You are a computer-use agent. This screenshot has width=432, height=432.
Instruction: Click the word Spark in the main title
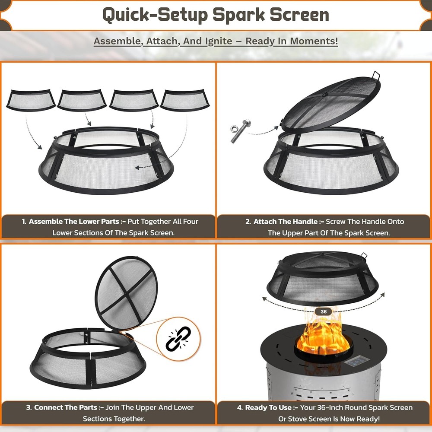click(x=239, y=15)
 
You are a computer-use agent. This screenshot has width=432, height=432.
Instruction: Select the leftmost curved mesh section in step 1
click(x=31, y=100)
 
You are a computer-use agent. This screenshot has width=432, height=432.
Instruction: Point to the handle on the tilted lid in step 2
click(x=376, y=76)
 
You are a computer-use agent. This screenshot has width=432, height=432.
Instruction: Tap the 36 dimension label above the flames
click(x=324, y=311)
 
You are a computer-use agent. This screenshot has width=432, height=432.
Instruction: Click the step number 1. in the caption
click(x=24, y=222)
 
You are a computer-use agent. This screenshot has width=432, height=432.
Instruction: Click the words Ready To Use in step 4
click(x=272, y=407)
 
